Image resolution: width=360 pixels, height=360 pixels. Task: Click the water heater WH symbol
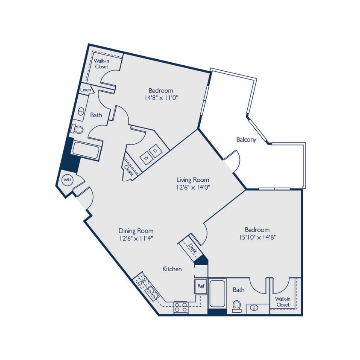pyautogui.click(x=67, y=180)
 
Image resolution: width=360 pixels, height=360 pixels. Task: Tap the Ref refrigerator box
pyautogui.click(x=200, y=286)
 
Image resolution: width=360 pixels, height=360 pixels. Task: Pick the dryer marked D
pyautogui.click(x=155, y=151)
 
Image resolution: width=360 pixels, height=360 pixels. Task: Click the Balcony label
pyautogui.click(x=246, y=139)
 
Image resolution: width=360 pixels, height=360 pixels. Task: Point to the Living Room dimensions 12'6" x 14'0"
pyautogui.click(x=193, y=186)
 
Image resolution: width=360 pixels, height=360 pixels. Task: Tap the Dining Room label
pyautogui.click(x=136, y=231)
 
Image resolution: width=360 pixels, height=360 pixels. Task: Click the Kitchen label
pyautogui.click(x=172, y=269)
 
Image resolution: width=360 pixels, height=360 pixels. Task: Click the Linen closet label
pyautogui.click(x=85, y=90)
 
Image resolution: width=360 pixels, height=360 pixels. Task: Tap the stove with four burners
pyautogui.click(x=181, y=308)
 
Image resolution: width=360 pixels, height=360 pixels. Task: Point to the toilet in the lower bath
pyautogui.click(x=237, y=306)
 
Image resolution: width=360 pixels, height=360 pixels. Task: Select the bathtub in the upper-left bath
pyautogui.click(x=86, y=150)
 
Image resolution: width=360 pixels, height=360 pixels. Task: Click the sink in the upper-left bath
pyautogui.click(x=81, y=111)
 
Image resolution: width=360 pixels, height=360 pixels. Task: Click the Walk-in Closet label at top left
pyautogui.click(x=101, y=64)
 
